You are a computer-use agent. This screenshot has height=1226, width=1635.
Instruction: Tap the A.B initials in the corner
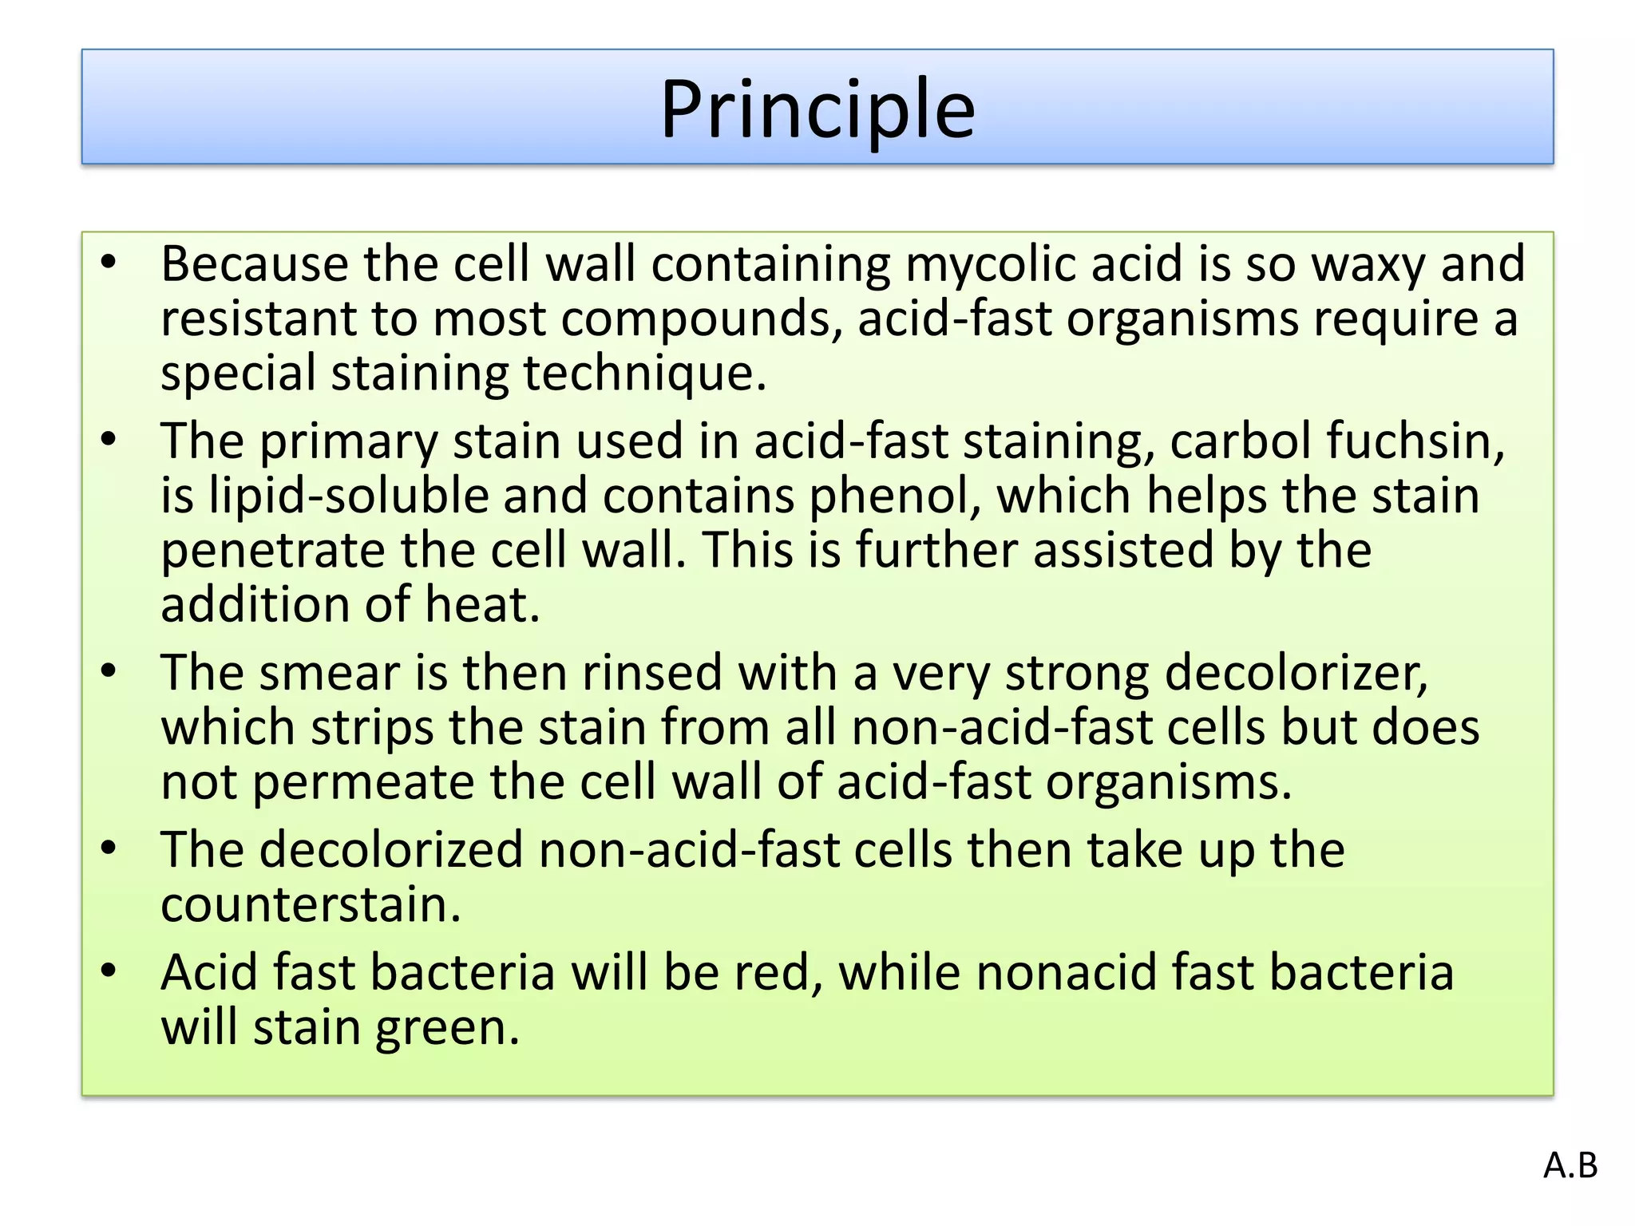click(x=1570, y=1166)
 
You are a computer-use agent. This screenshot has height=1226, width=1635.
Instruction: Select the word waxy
click(x=1368, y=264)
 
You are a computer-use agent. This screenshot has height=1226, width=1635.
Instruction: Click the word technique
click(x=644, y=374)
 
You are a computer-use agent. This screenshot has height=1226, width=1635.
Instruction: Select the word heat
click(x=482, y=605)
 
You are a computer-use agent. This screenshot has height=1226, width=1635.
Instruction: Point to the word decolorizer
click(x=1296, y=673)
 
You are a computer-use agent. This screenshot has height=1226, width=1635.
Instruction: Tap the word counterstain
click(x=311, y=905)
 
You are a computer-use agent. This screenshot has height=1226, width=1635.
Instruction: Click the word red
click(x=771, y=973)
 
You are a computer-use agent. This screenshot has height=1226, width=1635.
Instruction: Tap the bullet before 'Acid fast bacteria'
click(x=109, y=971)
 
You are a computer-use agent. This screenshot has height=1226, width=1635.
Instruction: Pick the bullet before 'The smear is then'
click(x=109, y=670)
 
